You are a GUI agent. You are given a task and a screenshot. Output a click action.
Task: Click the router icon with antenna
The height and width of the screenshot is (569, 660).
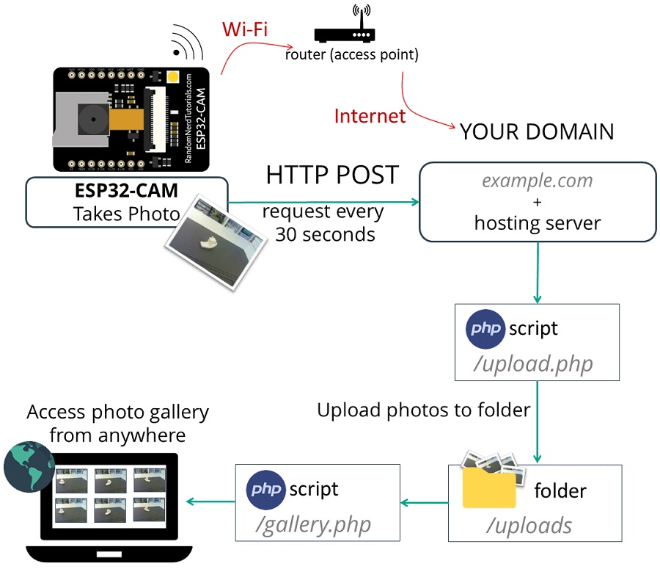pyautogui.click(x=344, y=29)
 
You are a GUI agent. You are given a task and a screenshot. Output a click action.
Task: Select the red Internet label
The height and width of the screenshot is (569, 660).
pyautogui.click(x=370, y=115)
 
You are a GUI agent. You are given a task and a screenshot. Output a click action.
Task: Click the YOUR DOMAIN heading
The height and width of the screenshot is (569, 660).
pyautogui.click(x=536, y=131)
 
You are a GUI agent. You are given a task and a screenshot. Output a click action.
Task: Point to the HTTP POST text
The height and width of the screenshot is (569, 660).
pyautogui.click(x=332, y=175)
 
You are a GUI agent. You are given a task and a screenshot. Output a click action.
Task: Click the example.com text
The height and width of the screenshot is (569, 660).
pyautogui.click(x=537, y=181)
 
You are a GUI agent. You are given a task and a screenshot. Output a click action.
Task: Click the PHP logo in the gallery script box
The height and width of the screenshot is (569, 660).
pyautogui.click(x=266, y=489)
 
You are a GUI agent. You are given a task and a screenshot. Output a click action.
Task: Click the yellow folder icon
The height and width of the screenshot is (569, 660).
pyautogui.click(x=489, y=488)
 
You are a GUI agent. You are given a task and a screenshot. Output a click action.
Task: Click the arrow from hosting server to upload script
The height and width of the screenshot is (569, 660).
pyautogui.click(x=538, y=272)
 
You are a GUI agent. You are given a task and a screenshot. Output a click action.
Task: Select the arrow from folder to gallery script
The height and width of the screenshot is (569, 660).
pyautogui.click(x=424, y=503)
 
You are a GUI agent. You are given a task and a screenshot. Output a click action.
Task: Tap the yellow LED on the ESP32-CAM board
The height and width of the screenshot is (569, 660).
pyautogui.click(x=174, y=76)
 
